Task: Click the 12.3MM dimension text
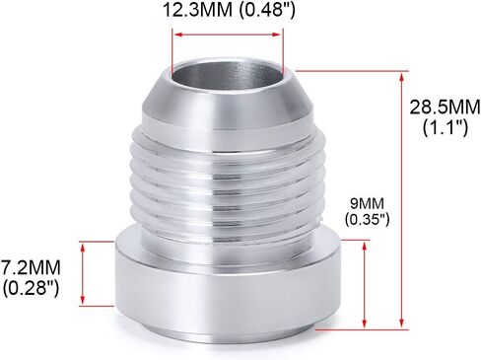[x=197, y=10]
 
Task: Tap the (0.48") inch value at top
[x=267, y=10]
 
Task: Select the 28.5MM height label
[x=445, y=108]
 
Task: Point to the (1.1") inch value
[x=446, y=127]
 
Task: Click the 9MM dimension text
[x=367, y=204]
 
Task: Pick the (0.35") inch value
[x=367, y=219]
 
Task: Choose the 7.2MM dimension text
[x=31, y=267]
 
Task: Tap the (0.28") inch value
[x=32, y=288]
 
